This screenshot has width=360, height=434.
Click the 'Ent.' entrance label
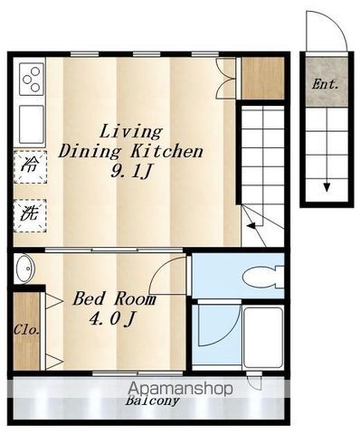pos(325,84)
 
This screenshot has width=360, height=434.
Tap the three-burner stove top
pos(32,80)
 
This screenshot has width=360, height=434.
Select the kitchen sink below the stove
pos(32,124)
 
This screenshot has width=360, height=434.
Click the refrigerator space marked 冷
pos(30,166)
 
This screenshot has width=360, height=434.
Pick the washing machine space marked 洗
pos(30,215)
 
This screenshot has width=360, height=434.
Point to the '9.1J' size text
pos(130,172)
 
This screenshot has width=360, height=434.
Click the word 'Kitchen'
pos(166,152)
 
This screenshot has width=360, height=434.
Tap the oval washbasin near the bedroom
pos(25,269)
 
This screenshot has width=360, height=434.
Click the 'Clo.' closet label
pos(26,330)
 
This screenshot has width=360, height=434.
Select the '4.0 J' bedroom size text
pos(111,319)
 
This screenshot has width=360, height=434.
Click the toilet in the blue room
pos(263,277)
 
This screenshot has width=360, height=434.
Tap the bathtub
pos(263,337)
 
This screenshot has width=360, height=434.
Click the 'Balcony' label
pos(152,401)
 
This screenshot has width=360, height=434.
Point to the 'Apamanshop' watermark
pos(180,388)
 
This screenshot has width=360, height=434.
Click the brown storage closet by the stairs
pos(263,78)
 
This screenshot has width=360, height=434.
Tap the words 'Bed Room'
pos(114,298)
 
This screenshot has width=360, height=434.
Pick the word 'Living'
pos(131,132)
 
